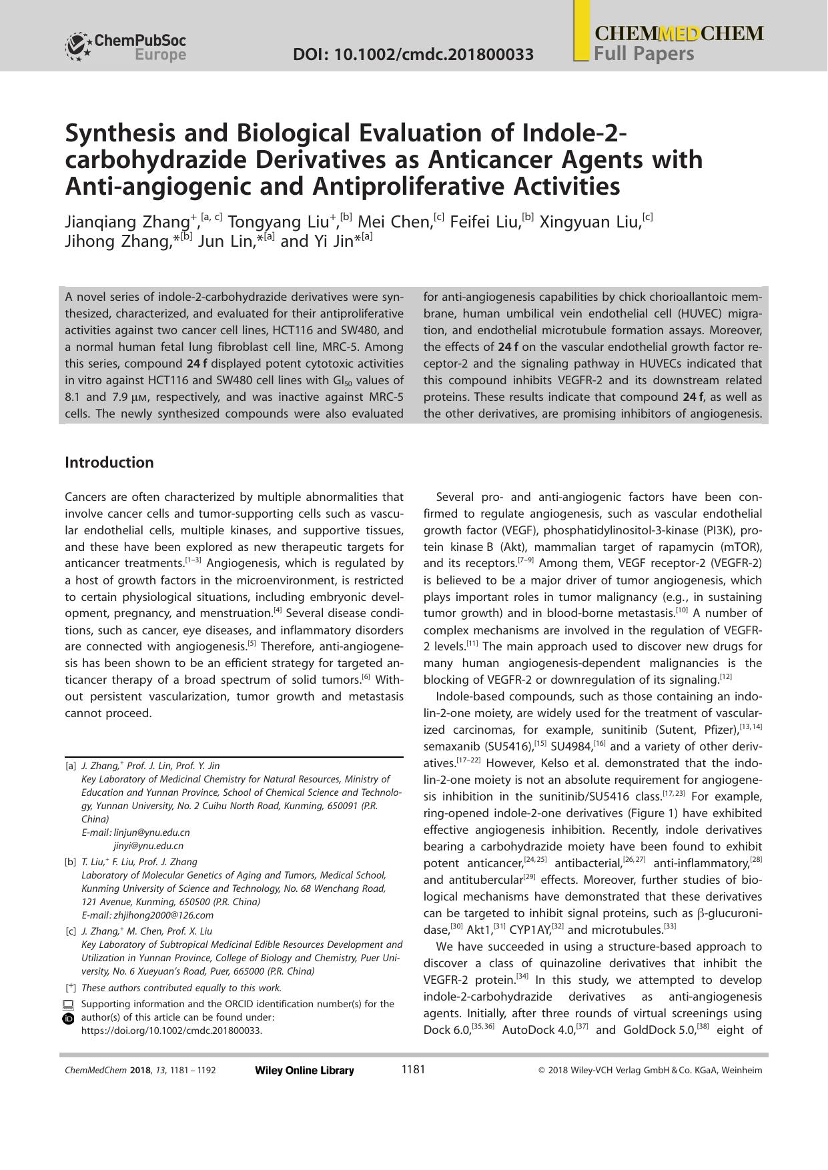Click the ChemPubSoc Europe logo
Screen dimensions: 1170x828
click(125, 47)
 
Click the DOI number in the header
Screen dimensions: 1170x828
click(413, 54)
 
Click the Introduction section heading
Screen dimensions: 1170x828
click(109, 462)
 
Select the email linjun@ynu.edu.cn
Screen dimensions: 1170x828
click(152, 832)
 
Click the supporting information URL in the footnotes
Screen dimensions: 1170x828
click(171, 1030)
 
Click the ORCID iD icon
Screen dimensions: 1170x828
click(69, 1019)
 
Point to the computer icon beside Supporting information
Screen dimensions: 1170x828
click(69, 1005)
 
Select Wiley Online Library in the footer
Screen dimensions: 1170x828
click(304, 1071)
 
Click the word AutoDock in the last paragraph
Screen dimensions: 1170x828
click(526, 1029)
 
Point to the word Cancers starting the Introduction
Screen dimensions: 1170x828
click(85, 497)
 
